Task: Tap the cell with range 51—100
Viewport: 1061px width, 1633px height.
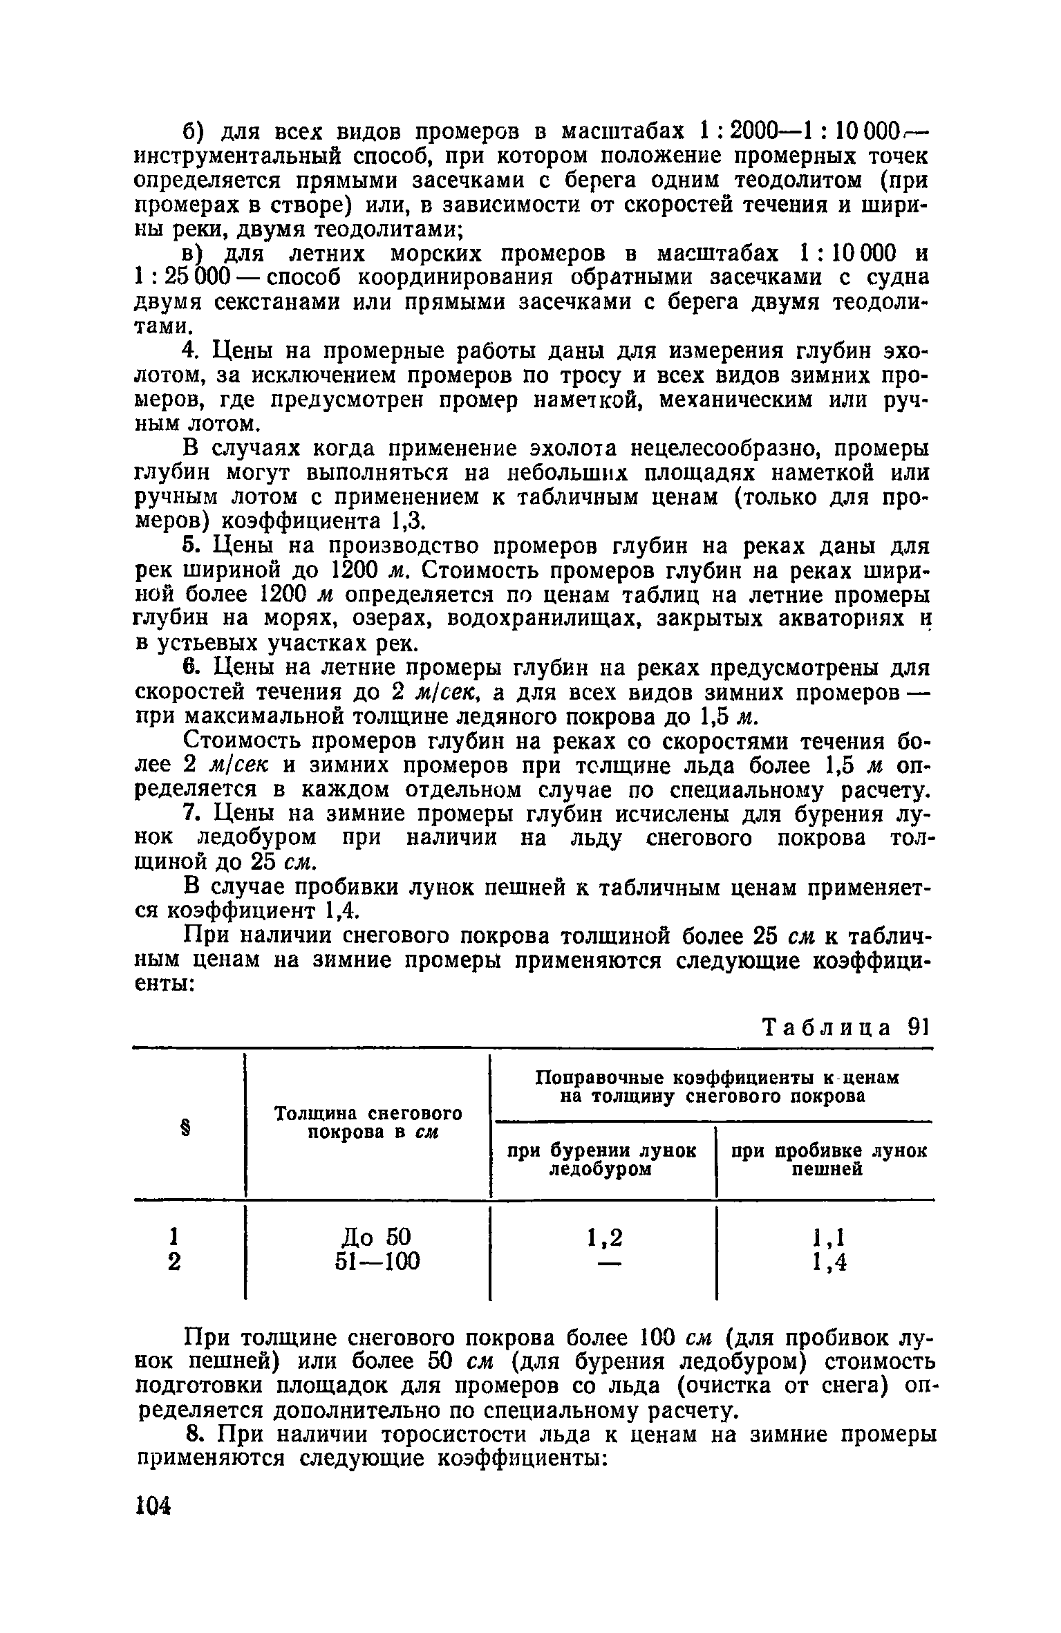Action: (x=377, y=1262)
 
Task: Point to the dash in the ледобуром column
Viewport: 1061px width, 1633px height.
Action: (x=604, y=1262)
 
